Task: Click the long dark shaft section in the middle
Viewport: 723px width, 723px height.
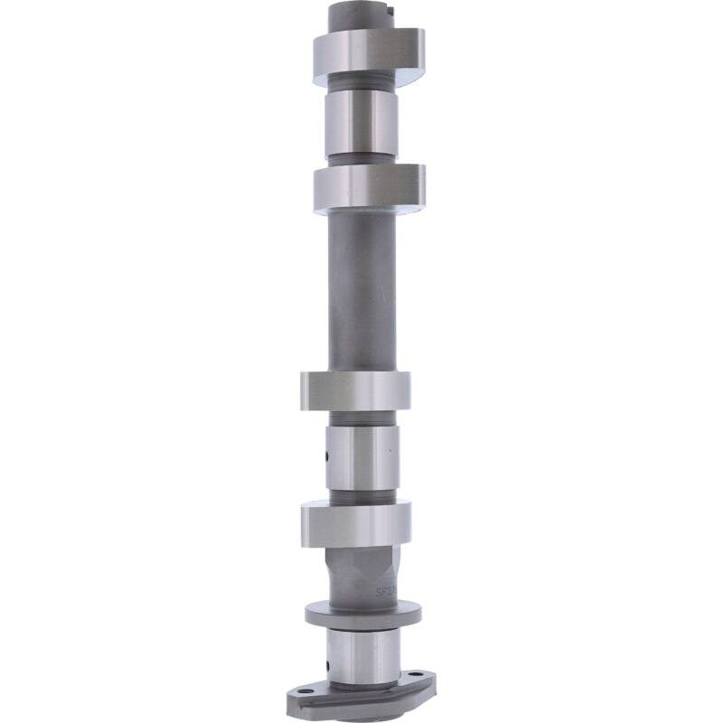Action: click(x=361, y=289)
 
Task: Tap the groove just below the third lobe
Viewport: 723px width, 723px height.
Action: click(x=361, y=418)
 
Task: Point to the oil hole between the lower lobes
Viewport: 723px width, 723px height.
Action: click(x=327, y=457)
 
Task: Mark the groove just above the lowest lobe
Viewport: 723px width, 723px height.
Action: click(x=361, y=496)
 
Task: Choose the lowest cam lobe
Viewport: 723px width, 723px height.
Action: click(x=356, y=524)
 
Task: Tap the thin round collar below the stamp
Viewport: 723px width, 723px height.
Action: click(x=361, y=615)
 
